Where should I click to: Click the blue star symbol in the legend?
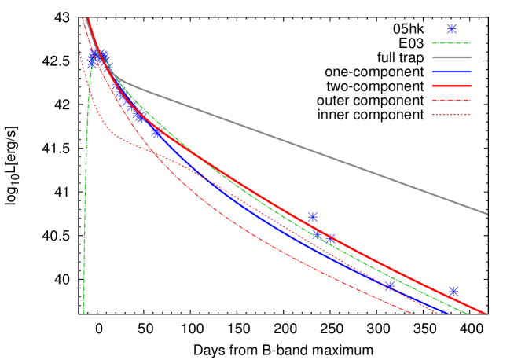coord(451,29)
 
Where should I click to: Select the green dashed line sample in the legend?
coord(451,43)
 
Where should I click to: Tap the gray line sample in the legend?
coord(451,57)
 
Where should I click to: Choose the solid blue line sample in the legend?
coord(451,72)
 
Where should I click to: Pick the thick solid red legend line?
coord(451,86)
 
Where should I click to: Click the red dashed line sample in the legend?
coord(451,100)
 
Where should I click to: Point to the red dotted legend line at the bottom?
coord(451,115)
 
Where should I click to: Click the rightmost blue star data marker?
coord(453,292)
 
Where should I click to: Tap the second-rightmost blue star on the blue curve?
coord(390,286)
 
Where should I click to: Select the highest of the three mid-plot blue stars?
coord(312,217)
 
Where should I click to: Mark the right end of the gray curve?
coord(486,213)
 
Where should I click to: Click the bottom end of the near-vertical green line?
coord(83,312)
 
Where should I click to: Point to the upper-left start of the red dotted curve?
coord(79,53)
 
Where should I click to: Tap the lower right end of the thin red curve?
coord(412,313)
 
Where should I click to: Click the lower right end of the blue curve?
coord(447,313)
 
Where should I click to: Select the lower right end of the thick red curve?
coord(486,313)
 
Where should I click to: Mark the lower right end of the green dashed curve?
coord(468,313)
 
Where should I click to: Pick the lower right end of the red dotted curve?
coord(438,313)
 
